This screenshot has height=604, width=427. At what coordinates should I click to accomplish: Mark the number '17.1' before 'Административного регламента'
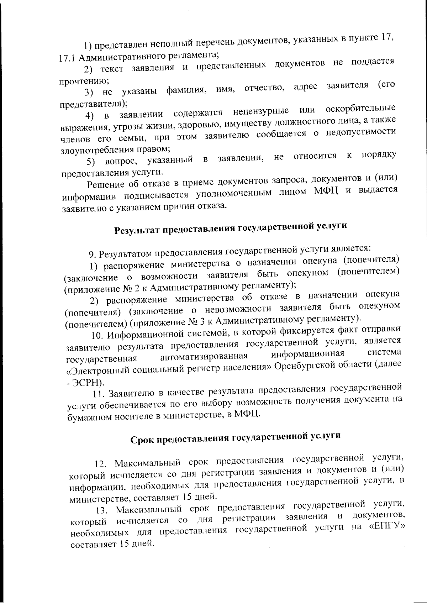click(67, 58)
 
